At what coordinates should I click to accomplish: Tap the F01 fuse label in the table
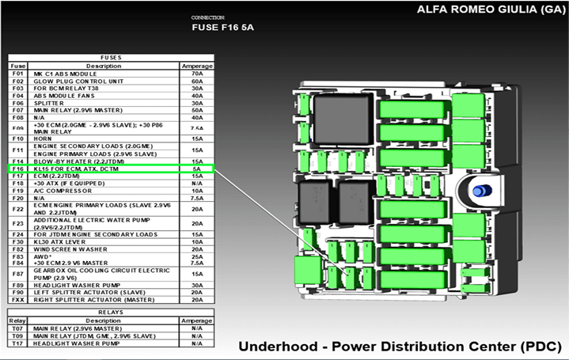18,74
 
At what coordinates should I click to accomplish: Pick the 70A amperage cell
197,74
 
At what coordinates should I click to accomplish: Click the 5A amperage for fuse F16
197,169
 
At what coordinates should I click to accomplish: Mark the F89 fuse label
18,285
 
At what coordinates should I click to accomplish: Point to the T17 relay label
18,344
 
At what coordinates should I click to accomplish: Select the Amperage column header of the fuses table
197,66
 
